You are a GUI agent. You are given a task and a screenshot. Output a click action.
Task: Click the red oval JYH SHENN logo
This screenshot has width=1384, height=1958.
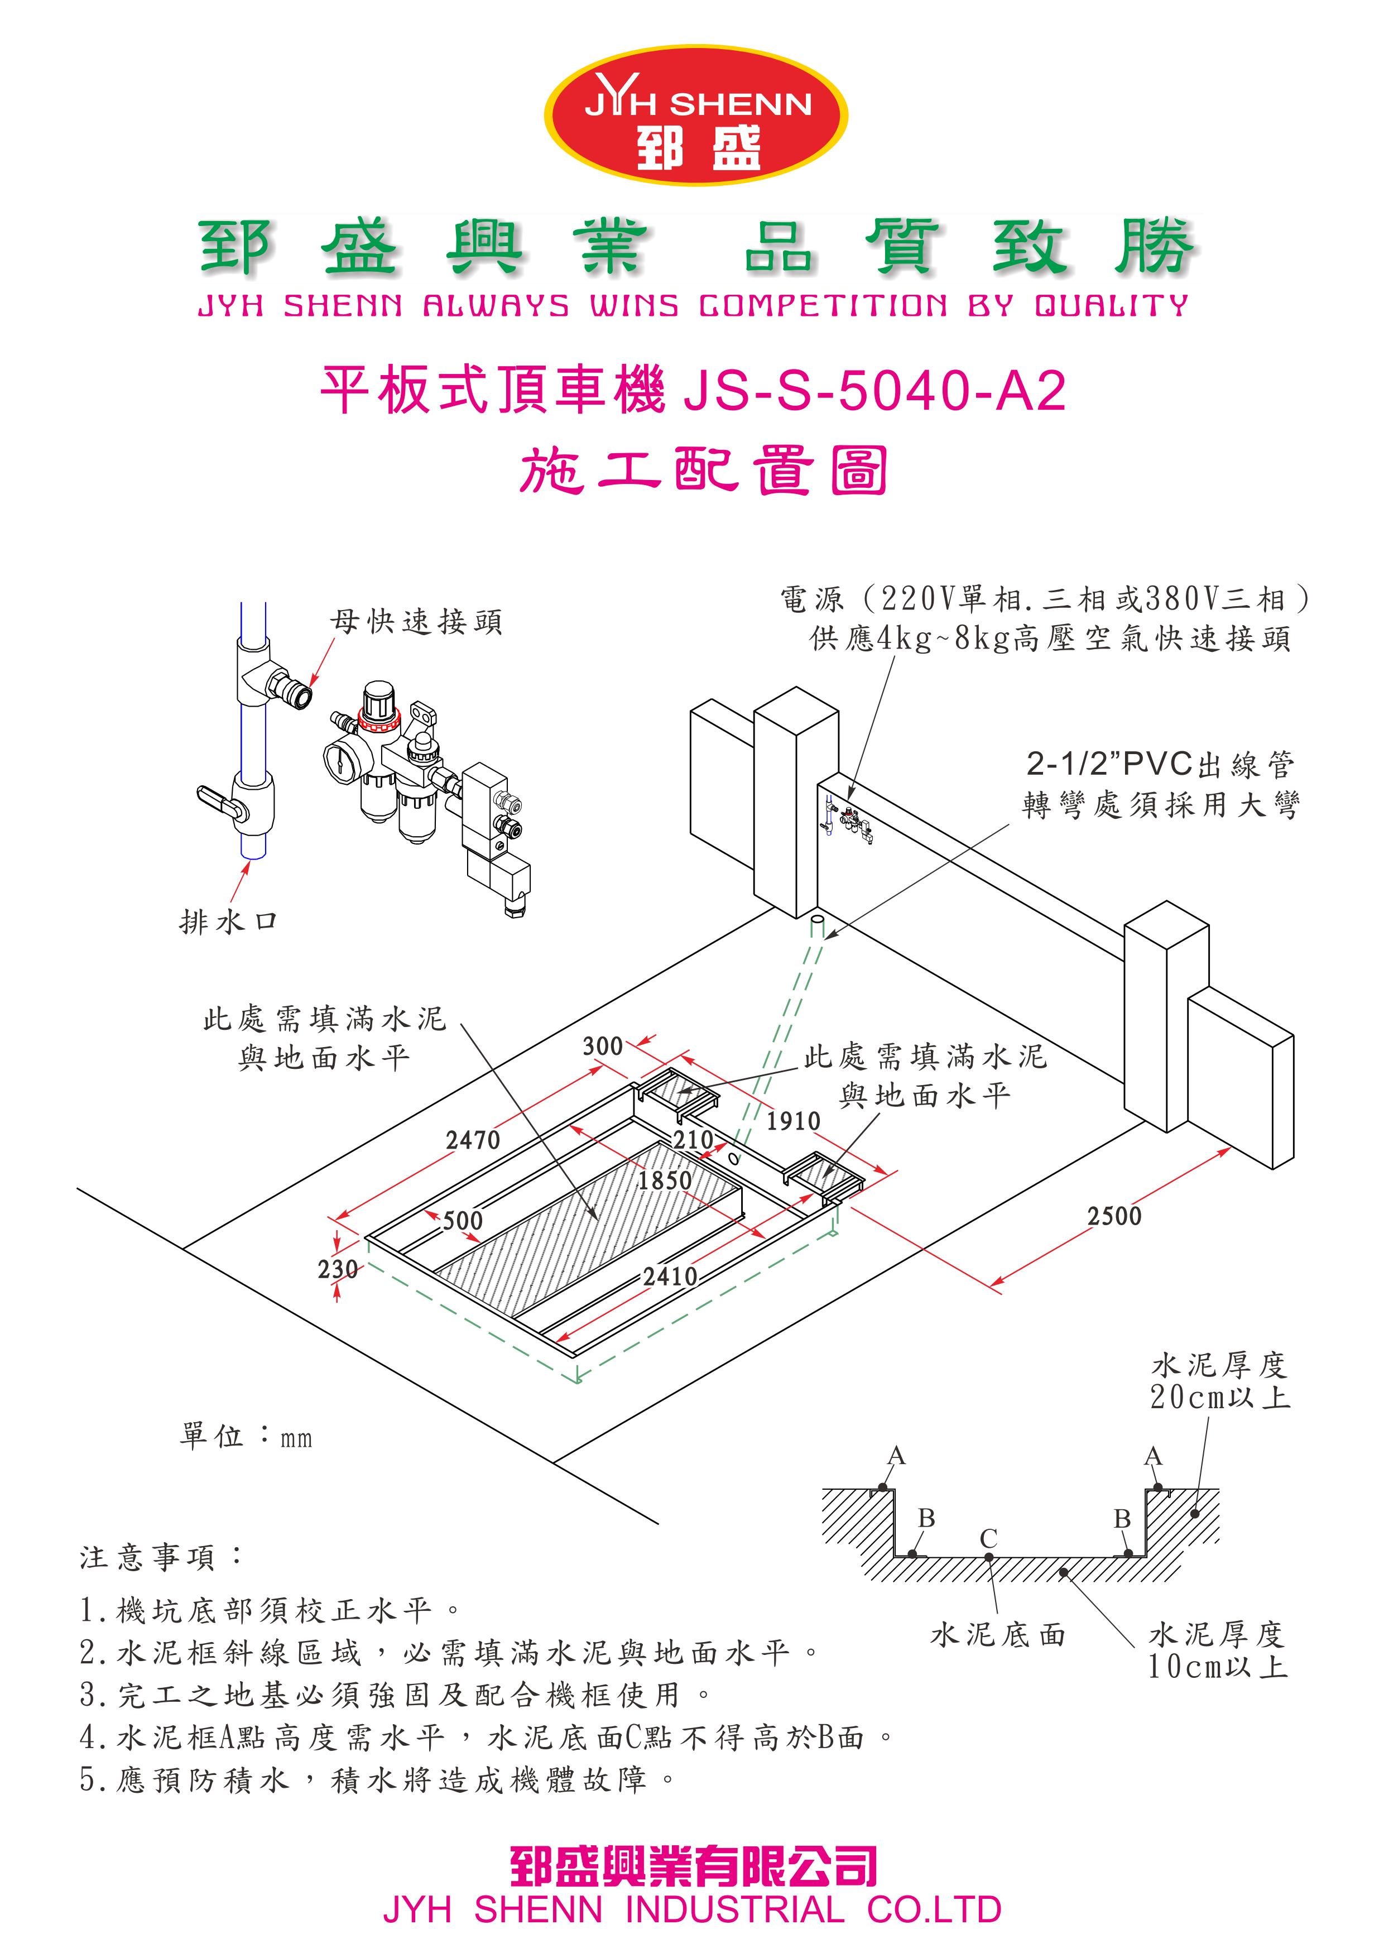[x=696, y=115]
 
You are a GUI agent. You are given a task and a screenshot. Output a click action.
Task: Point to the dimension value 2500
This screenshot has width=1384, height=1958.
[x=1114, y=1216]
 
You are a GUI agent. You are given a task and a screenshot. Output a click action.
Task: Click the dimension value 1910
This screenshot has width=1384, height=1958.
[x=793, y=1121]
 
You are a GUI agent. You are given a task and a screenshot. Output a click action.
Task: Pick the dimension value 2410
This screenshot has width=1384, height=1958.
[x=670, y=1276]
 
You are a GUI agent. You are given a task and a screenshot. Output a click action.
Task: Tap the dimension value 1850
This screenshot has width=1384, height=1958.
[x=664, y=1180]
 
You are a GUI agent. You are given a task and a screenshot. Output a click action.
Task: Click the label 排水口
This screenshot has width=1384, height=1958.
[x=228, y=921]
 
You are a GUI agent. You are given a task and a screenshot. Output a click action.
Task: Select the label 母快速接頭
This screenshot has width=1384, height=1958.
[x=416, y=622]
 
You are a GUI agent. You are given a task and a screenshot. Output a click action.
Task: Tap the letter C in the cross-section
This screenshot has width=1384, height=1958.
[x=988, y=1538]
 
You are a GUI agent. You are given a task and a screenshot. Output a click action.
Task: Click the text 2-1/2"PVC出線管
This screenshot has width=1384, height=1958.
[x=1160, y=764]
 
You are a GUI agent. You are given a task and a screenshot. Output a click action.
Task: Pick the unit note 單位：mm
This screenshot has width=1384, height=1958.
[x=246, y=1437]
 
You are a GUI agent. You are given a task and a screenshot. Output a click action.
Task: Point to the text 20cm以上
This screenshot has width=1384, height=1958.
[x=1219, y=1397]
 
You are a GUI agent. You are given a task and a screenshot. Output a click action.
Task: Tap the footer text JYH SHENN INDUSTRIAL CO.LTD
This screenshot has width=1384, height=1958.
[x=691, y=1909]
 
